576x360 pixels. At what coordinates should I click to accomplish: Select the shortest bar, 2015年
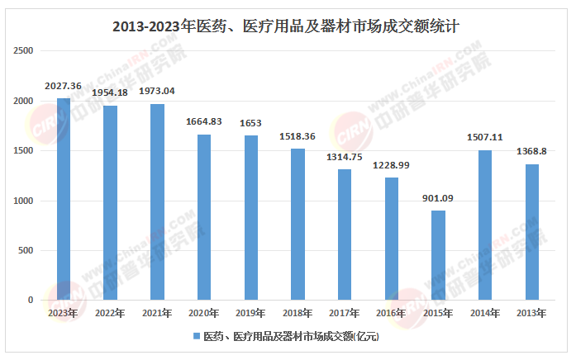pos(439,256)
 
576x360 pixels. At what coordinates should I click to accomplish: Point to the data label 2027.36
pos(64,86)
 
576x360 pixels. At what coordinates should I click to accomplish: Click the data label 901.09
pos(439,198)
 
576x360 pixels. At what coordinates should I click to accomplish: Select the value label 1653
pos(251,123)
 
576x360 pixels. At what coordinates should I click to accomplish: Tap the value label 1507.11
pos(486,138)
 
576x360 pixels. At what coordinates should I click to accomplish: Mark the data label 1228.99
pos(392,165)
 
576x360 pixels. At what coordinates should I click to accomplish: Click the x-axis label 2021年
pos(157,313)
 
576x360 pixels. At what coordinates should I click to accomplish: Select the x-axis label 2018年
pos(298,313)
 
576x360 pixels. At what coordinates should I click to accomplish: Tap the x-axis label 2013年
pos(532,313)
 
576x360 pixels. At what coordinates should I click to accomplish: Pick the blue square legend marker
pos(197,337)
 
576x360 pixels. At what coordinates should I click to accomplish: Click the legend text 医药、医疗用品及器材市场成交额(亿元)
pos(290,337)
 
